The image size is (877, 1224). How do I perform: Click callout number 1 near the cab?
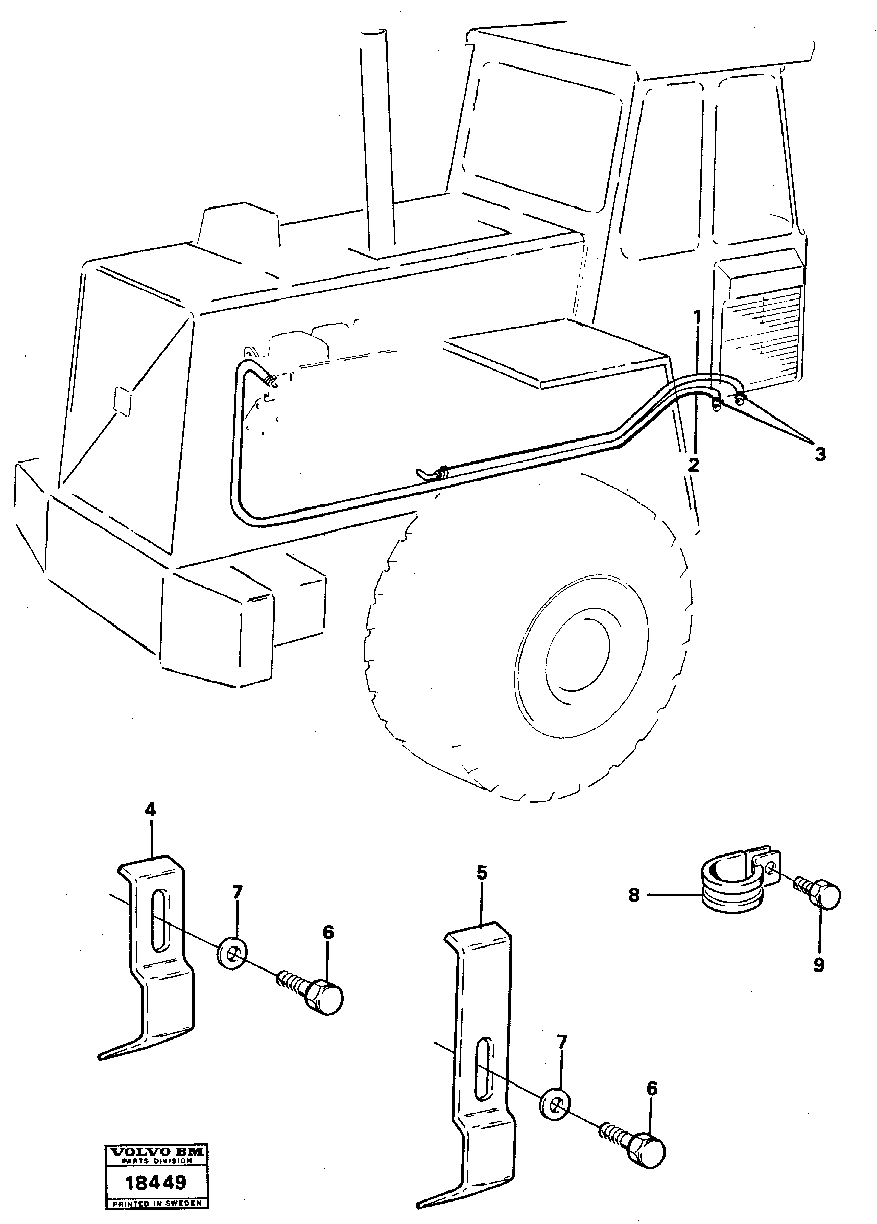(x=697, y=315)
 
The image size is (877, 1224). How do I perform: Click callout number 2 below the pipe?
(x=693, y=464)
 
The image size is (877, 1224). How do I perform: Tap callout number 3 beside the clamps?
(x=819, y=454)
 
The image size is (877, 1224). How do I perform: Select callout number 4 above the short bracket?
(x=150, y=824)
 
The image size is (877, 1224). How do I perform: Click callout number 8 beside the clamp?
(x=634, y=895)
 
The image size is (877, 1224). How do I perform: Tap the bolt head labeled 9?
(x=827, y=895)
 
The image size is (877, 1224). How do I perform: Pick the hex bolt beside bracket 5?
(x=645, y=1151)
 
